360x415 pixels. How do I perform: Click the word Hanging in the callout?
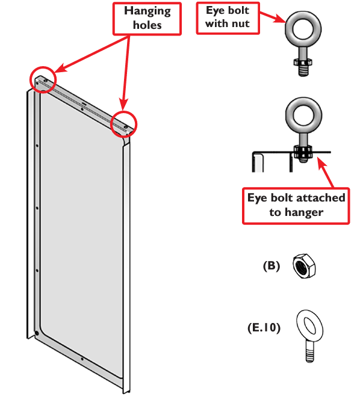[147, 11]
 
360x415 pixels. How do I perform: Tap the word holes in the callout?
[147, 25]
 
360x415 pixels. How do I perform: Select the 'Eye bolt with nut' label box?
[228, 18]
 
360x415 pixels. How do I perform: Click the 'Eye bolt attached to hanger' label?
[296, 206]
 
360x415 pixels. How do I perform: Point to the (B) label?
[272, 266]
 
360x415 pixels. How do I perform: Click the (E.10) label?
[264, 328]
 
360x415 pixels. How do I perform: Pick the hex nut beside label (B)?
[304, 266]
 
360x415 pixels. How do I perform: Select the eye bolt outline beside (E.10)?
[309, 336]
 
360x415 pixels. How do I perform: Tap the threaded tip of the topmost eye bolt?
[303, 71]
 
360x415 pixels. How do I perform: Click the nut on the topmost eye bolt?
[303, 63]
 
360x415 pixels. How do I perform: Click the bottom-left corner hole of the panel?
[37, 333]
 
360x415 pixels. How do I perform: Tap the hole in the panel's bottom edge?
[82, 359]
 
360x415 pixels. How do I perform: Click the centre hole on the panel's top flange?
[82, 109]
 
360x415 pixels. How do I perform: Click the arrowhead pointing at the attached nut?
[321, 162]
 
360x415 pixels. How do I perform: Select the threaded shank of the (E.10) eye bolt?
[309, 352]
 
